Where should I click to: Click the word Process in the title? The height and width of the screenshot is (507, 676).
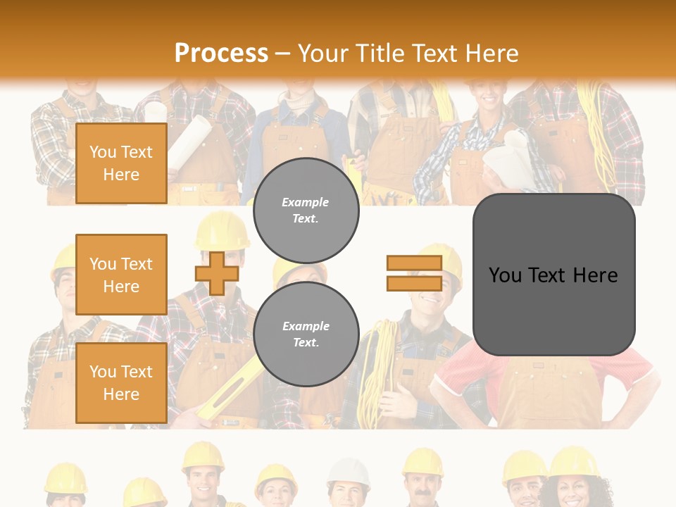point(221,53)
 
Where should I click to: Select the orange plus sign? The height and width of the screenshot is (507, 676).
point(217,273)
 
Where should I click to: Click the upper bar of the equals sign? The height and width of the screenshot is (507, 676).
point(414,263)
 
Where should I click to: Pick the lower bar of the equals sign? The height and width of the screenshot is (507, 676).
point(414,283)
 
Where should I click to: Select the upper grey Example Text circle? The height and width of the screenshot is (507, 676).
point(306,210)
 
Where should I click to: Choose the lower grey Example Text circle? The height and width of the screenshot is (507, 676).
point(306,334)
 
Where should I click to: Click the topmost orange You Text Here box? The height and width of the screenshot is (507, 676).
point(121,163)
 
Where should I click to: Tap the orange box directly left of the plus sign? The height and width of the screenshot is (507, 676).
point(121,275)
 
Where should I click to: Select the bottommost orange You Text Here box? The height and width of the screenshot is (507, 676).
point(121,382)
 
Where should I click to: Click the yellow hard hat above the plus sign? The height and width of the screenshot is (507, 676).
point(222,230)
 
